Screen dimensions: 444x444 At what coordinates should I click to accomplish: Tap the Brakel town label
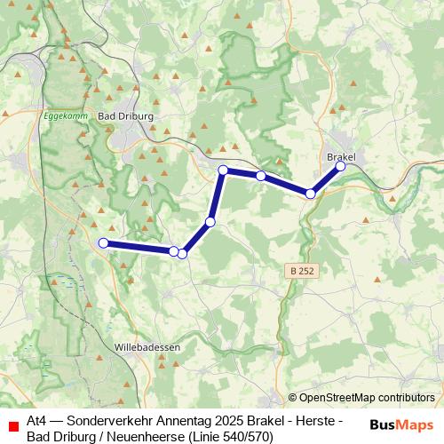[x=341, y=156]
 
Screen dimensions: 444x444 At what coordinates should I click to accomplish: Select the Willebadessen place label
[x=147, y=346]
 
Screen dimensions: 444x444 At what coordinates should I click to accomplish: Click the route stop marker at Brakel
[x=340, y=166]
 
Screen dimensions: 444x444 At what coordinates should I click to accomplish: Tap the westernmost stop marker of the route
[x=103, y=242]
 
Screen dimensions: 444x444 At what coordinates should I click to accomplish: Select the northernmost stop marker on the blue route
[x=223, y=170]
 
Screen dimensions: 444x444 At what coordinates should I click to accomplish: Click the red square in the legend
[x=12, y=426]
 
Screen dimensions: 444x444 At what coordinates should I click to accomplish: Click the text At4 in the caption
[x=37, y=419]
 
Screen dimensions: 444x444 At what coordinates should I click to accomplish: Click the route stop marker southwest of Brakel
[x=311, y=193]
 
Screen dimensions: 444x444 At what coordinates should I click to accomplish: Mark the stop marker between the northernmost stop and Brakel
[x=261, y=176]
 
